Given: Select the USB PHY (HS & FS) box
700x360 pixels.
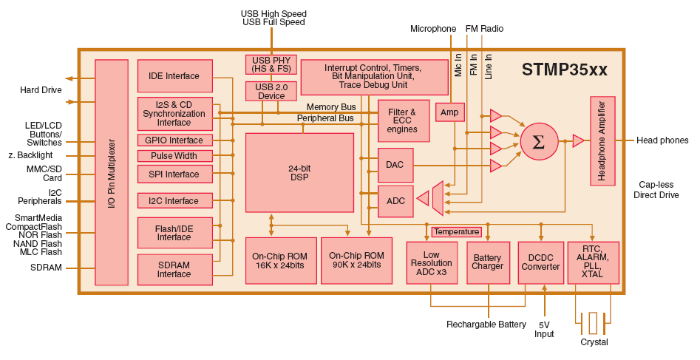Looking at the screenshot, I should pos(271,64).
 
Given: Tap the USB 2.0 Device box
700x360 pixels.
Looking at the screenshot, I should pos(271,91).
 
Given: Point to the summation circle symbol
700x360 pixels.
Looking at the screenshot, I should pos(539,142).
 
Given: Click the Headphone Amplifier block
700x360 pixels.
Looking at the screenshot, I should pos(602,140).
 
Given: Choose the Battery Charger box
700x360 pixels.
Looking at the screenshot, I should pos(487,262).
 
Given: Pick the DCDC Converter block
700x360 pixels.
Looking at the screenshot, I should pos(540,262).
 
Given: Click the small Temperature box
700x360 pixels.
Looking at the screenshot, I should pos(456,232).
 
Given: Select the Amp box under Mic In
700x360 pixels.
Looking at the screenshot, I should pos(449,112).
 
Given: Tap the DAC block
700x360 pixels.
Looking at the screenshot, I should pos(395,165).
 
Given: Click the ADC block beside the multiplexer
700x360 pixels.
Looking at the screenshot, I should pos(395,201).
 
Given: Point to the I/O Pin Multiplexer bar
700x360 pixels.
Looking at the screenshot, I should pos(112,172).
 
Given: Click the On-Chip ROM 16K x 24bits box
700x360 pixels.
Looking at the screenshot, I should pos(281,260).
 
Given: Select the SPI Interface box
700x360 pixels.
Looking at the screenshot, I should pos(175,174).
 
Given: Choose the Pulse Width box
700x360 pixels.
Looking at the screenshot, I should pos(175,156).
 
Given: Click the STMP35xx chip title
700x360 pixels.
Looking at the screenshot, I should pos(564,69).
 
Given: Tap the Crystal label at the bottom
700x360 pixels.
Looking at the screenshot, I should pos(594,342).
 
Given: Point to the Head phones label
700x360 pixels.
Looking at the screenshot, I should pos(662,140).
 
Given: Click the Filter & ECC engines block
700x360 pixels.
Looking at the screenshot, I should pos(403,120).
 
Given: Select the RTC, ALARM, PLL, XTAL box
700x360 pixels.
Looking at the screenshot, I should pos(592,262).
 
